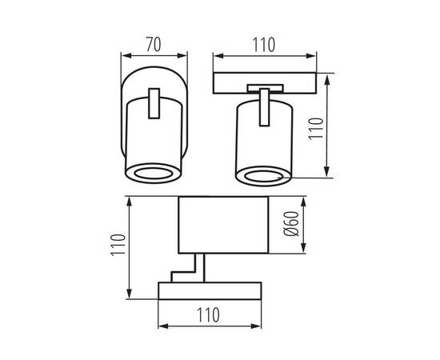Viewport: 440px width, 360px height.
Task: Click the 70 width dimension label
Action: [x=154, y=45]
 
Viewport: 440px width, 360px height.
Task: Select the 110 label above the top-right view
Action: [x=264, y=45]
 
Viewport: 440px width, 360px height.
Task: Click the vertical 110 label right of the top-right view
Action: [x=316, y=129]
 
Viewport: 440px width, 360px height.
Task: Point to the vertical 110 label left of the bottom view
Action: [x=118, y=244]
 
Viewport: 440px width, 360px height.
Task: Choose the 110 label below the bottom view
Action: [x=208, y=315]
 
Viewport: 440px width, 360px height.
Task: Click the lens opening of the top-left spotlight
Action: [x=153, y=174]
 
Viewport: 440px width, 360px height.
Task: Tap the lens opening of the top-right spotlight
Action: [x=263, y=176]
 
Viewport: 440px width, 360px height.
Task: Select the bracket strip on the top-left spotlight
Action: [x=154, y=103]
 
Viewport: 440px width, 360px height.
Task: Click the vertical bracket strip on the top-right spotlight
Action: [x=264, y=107]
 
